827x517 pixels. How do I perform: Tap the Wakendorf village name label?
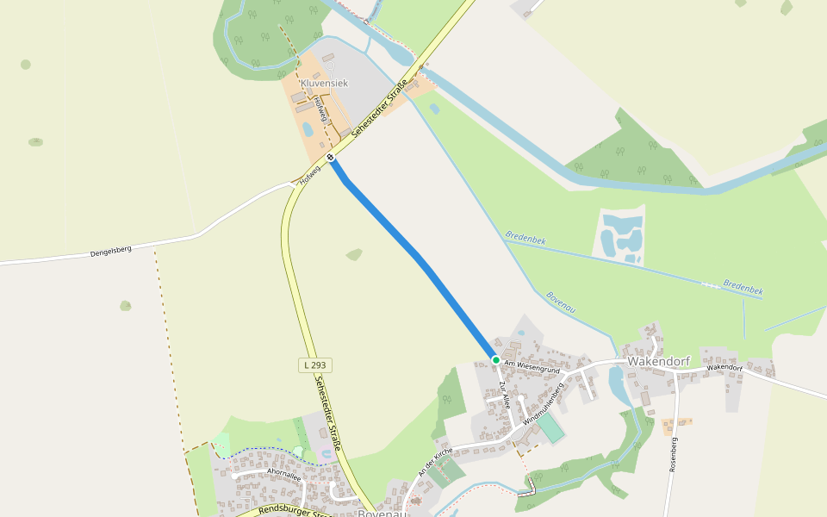tap(658, 361)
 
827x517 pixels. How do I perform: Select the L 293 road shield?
tap(315, 365)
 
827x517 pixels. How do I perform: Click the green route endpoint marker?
tap(496, 359)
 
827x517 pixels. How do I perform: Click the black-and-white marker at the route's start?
tap(331, 158)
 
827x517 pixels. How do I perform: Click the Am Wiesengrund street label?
tap(532, 368)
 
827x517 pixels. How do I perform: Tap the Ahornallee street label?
tap(283, 472)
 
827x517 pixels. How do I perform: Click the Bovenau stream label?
tap(561, 302)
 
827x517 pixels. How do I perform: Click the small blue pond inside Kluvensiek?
tap(308, 130)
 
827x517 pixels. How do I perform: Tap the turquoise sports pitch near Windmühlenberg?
tap(550, 428)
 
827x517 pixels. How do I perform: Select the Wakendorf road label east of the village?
tap(724, 368)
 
